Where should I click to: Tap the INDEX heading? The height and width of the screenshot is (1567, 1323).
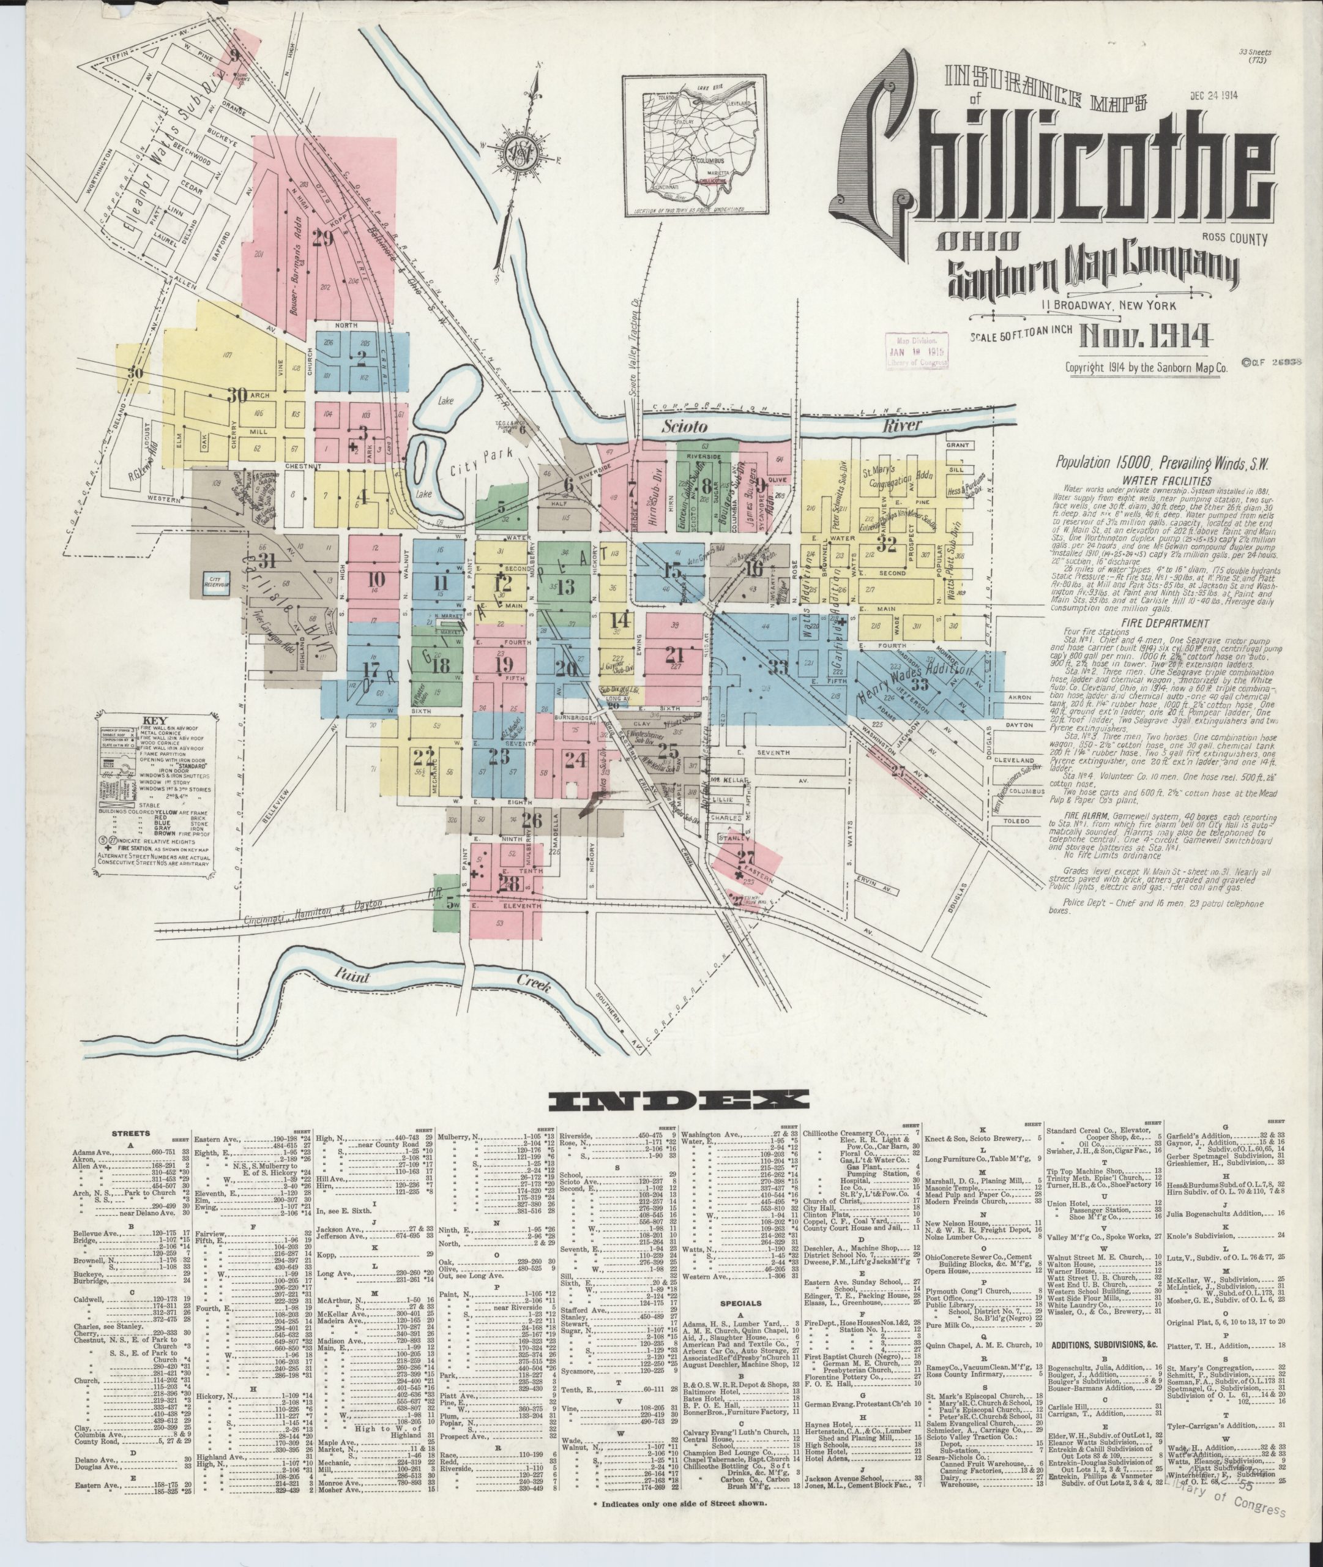[x=679, y=1100]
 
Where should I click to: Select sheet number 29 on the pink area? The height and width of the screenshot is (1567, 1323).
[x=322, y=239]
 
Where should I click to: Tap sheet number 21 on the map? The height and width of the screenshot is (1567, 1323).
[x=674, y=654]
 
